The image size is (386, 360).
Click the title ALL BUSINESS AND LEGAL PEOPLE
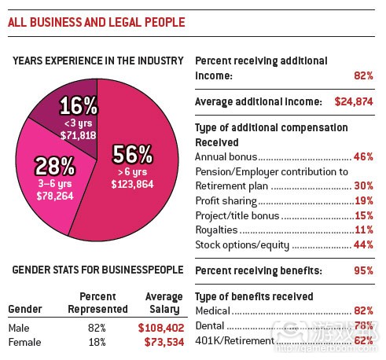click(x=97, y=22)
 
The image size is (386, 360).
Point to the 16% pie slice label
click(x=79, y=105)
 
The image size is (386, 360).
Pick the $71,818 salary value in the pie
click(x=79, y=134)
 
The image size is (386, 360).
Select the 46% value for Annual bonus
click(x=362, y=157)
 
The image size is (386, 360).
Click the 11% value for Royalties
click(x=362, y=230)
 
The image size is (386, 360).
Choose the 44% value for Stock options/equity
click(x=362, y=245)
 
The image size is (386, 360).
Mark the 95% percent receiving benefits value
click(x=362, y=270)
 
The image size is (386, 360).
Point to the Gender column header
click(x=24, y=308)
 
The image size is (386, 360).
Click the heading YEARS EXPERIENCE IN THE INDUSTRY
click(x=98, y=61)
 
